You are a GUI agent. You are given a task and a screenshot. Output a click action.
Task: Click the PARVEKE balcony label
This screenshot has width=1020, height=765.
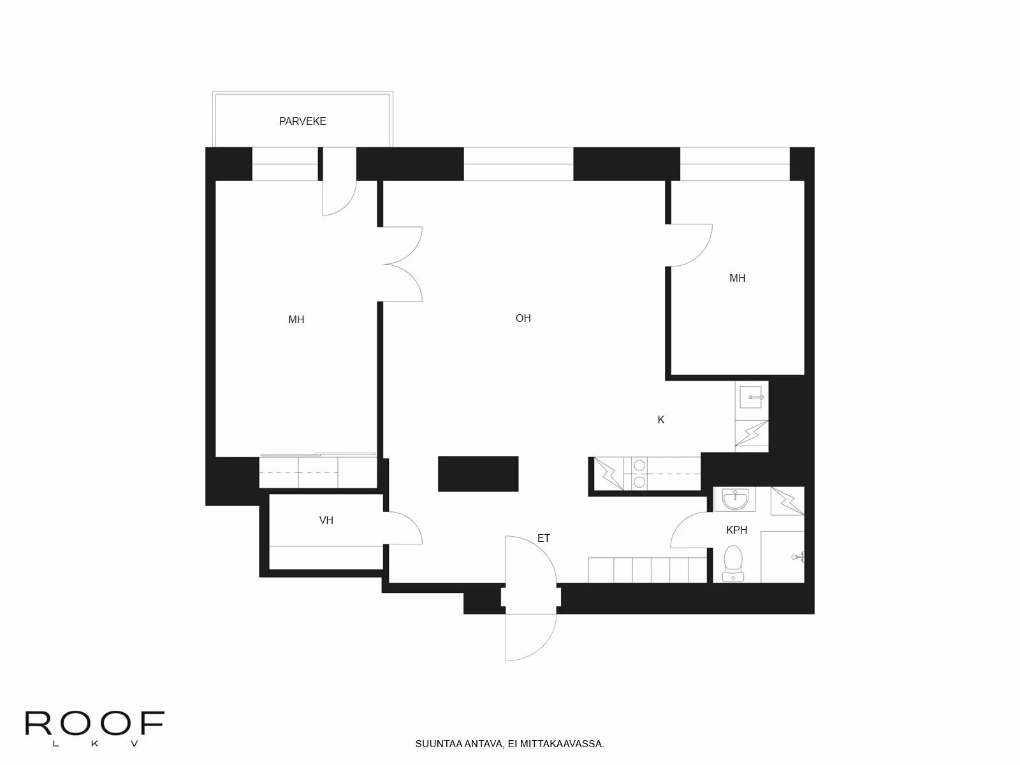[x=302, y=121]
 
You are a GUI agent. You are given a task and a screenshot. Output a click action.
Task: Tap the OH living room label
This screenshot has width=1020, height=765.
[x=523, y=318]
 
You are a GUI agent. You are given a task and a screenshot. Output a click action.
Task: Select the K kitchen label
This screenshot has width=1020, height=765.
[x=661, y=419]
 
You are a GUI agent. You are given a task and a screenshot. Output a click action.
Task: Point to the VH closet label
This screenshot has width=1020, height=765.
[x=326, y=520]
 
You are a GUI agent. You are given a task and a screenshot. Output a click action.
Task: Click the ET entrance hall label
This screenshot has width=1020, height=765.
[x=543, y=538]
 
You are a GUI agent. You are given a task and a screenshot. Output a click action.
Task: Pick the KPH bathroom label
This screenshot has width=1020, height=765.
[x=736, y=530]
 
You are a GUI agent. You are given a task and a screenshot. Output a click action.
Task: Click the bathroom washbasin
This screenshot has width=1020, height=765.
[x=734, y=499]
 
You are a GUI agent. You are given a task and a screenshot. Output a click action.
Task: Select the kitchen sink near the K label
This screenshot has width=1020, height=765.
[x=752, y=398]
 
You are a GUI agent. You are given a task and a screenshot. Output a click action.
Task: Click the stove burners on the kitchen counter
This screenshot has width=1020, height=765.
[x=639, y=474]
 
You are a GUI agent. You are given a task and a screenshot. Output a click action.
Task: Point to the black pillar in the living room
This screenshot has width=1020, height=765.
[x=478, y=474]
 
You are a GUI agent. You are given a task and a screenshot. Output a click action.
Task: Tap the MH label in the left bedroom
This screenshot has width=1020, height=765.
[x=296, y=319]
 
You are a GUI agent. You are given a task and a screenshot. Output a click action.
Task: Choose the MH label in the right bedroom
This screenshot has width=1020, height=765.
[x=737, y=278]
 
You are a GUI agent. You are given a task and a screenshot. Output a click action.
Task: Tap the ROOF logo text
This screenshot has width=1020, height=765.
[x=94, y=724]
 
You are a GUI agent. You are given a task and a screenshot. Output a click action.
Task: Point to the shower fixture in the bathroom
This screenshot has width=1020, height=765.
[x=798, y=557]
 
